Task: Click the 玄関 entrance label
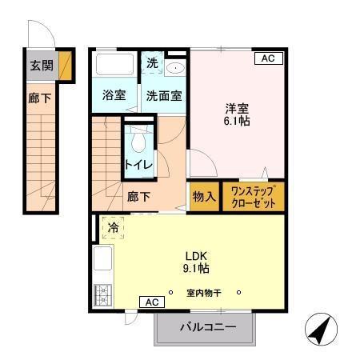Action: click(x=42, y=66)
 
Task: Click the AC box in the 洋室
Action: click(x=267, y=58)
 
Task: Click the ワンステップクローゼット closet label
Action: click(x=253, y=197)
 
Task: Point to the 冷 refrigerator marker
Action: click(x=113, y=228)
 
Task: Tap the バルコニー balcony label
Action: click(x=207, y=327)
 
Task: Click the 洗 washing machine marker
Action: click(x=152, y=63)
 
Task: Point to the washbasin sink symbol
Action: click(x=175, y=69)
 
